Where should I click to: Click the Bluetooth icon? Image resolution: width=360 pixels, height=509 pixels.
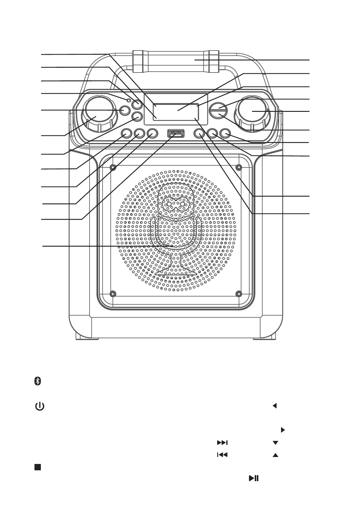pos(37,381)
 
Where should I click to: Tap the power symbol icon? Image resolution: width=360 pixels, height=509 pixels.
pos(40,406)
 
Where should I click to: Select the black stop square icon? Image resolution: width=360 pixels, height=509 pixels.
pos(37,467)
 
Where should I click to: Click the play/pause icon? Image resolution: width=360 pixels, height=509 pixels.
pos(254,478)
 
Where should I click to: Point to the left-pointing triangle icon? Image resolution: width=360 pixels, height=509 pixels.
pos(274,406)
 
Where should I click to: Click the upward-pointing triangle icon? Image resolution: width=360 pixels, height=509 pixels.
pos(275,455)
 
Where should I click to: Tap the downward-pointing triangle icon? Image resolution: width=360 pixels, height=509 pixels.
pos(275,443)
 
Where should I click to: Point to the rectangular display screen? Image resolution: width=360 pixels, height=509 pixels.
pos(176,109)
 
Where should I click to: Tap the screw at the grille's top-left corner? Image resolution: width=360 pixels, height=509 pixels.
pos(113,167)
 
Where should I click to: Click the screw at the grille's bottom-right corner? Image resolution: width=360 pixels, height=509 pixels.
pos(239,293)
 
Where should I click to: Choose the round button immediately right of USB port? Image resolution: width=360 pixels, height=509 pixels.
pos(199,133)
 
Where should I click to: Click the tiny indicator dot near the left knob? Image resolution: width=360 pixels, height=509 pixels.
pos(129,100)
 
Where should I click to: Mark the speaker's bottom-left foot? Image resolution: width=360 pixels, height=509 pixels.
pos(87,337)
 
